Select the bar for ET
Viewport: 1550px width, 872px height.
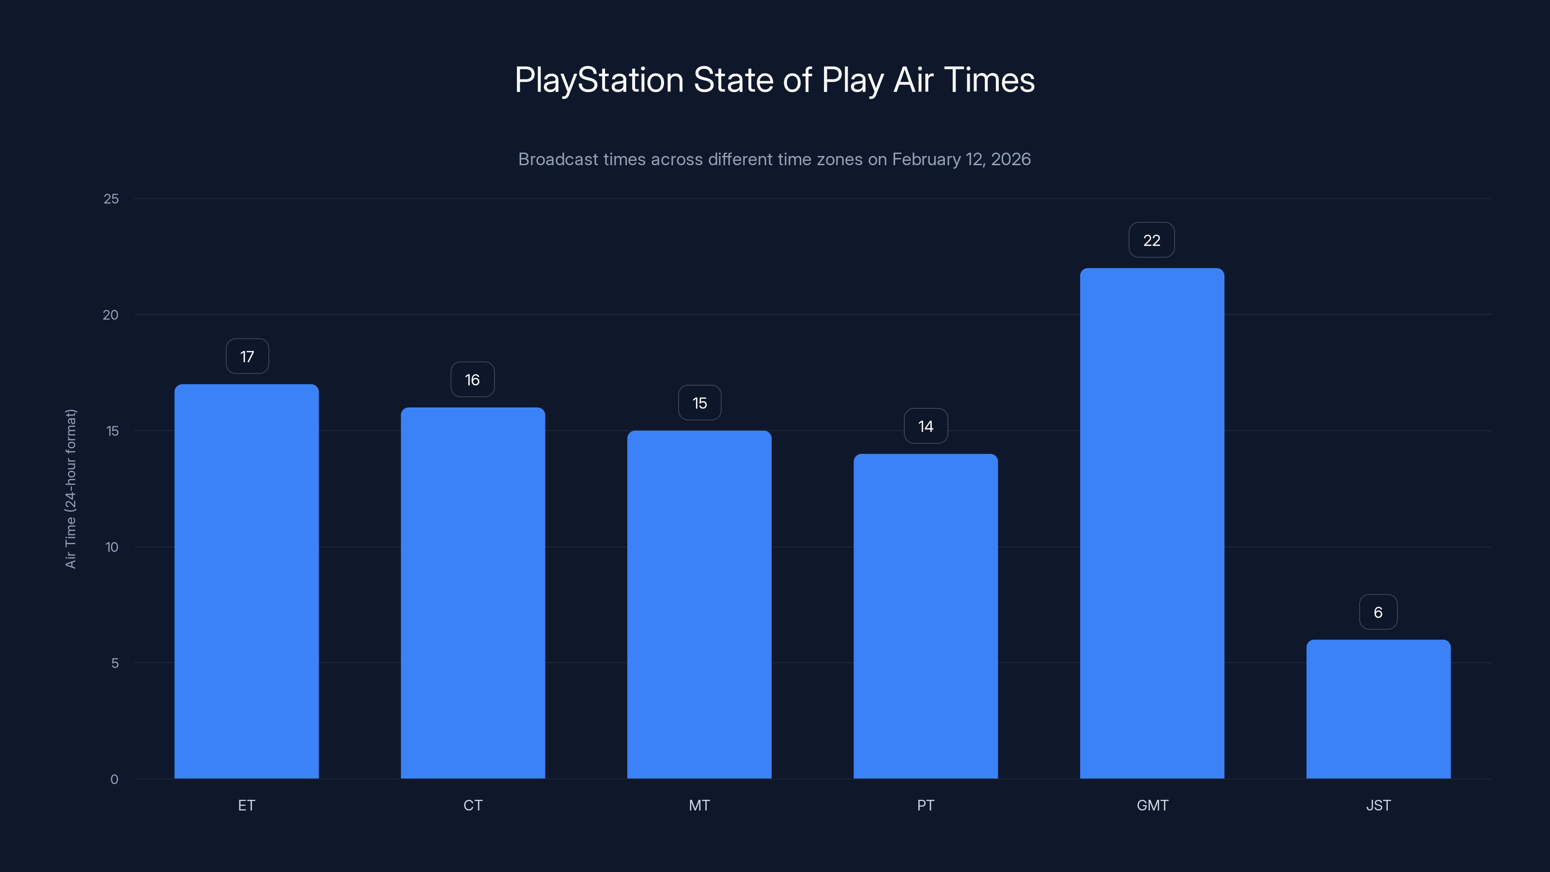point(246,581)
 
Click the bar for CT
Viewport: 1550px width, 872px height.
point(473,593)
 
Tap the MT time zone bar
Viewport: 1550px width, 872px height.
point(699,604)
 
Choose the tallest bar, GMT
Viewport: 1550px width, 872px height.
point(1152,523)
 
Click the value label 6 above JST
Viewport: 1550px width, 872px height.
point(1378,612)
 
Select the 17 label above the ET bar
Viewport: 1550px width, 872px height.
point(247,356)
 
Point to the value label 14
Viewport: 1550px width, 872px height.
point(926,426)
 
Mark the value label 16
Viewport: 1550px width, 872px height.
point(472,380)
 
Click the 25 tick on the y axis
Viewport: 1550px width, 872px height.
point(111,199)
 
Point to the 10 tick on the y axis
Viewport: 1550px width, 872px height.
point(112,547)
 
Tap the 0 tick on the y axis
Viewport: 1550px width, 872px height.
point(114,779)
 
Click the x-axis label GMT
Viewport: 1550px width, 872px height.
point(1152,805)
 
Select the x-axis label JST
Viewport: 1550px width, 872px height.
point(1378,805)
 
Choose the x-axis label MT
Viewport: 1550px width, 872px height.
point(699,805)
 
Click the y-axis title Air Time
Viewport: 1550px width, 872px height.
point(70,489)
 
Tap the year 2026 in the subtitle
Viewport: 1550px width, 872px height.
point(1011,159)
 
